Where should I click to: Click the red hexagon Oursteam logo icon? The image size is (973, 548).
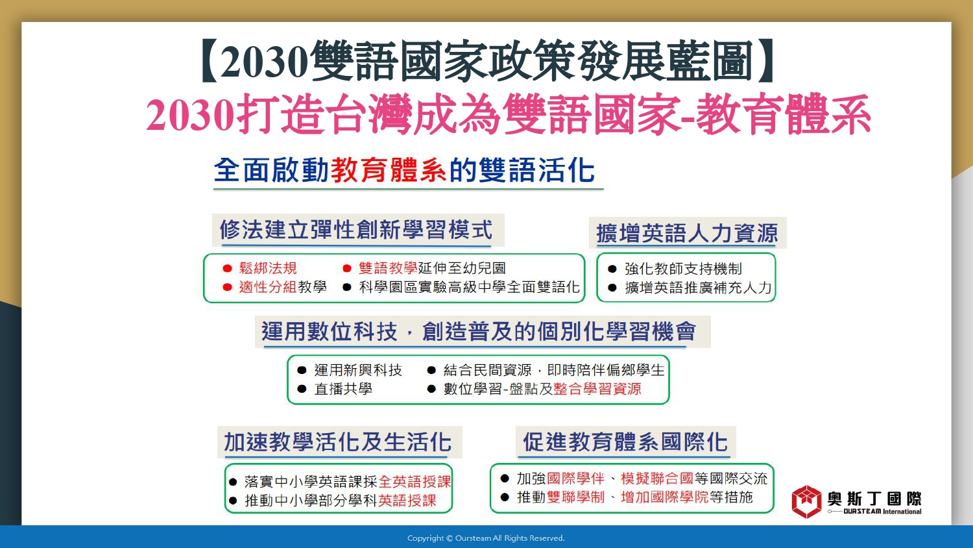[807, 502]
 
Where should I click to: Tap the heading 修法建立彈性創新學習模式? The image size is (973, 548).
[356, 230]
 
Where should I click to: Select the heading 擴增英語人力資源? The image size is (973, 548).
[687, 233]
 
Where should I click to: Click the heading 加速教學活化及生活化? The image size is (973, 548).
[337, 442]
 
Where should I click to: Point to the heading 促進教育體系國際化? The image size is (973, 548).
[625, 442]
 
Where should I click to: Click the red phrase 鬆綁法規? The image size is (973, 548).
[268, 268]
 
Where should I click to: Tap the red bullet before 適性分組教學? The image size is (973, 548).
[227, 287]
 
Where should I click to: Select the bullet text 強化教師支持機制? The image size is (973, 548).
[683, 269]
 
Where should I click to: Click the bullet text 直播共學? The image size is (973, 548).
[343, 388]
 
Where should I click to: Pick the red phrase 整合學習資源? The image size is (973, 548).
[597, 388]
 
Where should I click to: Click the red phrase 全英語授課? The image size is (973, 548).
[415, 482]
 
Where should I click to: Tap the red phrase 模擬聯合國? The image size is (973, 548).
[657, 479]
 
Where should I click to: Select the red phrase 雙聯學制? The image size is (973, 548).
[575, 497]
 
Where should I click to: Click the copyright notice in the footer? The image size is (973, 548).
[486, 538]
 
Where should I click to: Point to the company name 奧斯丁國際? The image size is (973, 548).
[874, 499]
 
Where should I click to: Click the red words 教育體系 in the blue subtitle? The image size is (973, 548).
[389, 170]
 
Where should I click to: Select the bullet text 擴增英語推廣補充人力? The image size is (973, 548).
[698, 288]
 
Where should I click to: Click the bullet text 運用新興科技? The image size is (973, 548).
[358, 370]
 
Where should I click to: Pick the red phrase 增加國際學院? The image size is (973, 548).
[665, 497]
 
